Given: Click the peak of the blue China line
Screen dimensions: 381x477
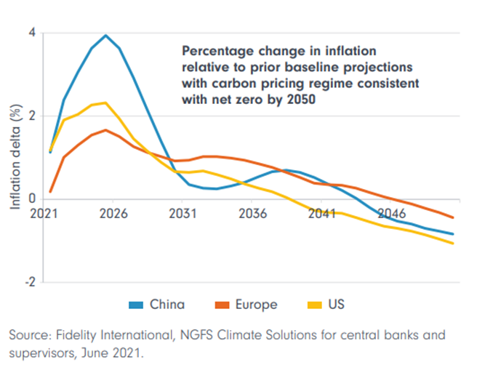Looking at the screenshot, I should pyautogui.click(x=106, y=35).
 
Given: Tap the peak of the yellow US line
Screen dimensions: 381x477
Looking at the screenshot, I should pyautogui.click(x=106, y=103).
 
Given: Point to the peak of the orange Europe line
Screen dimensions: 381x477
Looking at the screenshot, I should pyautogui.click(x=106, y=130).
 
